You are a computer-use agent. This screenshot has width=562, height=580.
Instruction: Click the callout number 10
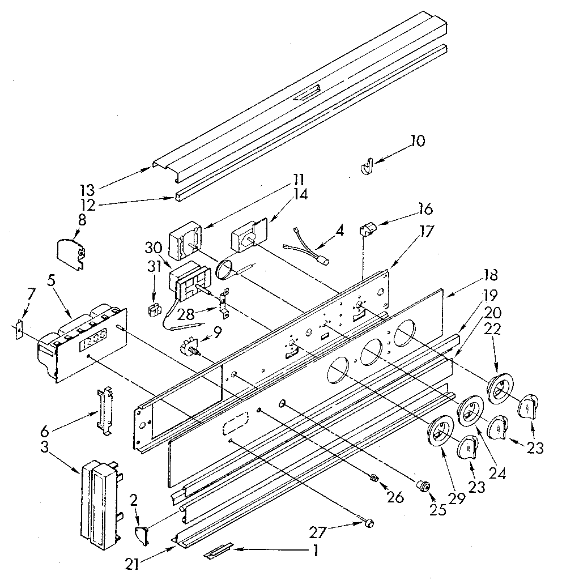[418, 140]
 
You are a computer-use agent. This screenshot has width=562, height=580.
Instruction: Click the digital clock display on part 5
[93, 342]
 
